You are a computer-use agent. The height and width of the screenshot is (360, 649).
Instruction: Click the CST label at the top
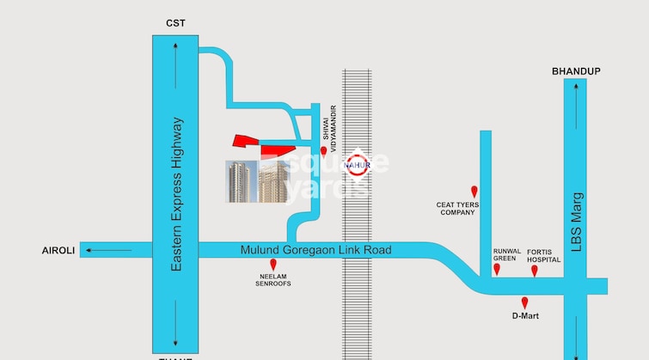coord(175,23)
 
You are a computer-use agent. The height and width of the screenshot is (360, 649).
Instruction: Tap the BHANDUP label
coord(576,71)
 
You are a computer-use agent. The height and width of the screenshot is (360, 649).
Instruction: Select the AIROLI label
coord(59,250)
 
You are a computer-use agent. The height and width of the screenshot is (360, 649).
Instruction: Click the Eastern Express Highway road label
coord(176,196)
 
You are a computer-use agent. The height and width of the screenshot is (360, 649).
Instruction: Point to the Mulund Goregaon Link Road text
coord(315,250)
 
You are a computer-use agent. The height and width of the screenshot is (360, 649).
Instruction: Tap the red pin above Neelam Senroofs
coord(273,264)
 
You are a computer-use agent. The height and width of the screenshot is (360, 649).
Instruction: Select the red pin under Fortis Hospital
coord(534,271)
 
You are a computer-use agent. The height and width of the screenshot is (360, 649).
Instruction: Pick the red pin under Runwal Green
coord(497,270)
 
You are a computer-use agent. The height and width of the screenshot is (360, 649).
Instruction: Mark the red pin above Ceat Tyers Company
coord(474,191)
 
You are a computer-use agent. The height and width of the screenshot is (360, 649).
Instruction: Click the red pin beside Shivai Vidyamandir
coord(324,152)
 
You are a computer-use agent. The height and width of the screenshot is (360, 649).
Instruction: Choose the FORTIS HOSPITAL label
coord(543,255)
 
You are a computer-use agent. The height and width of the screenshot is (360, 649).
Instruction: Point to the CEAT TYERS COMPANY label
coord(457,209)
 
